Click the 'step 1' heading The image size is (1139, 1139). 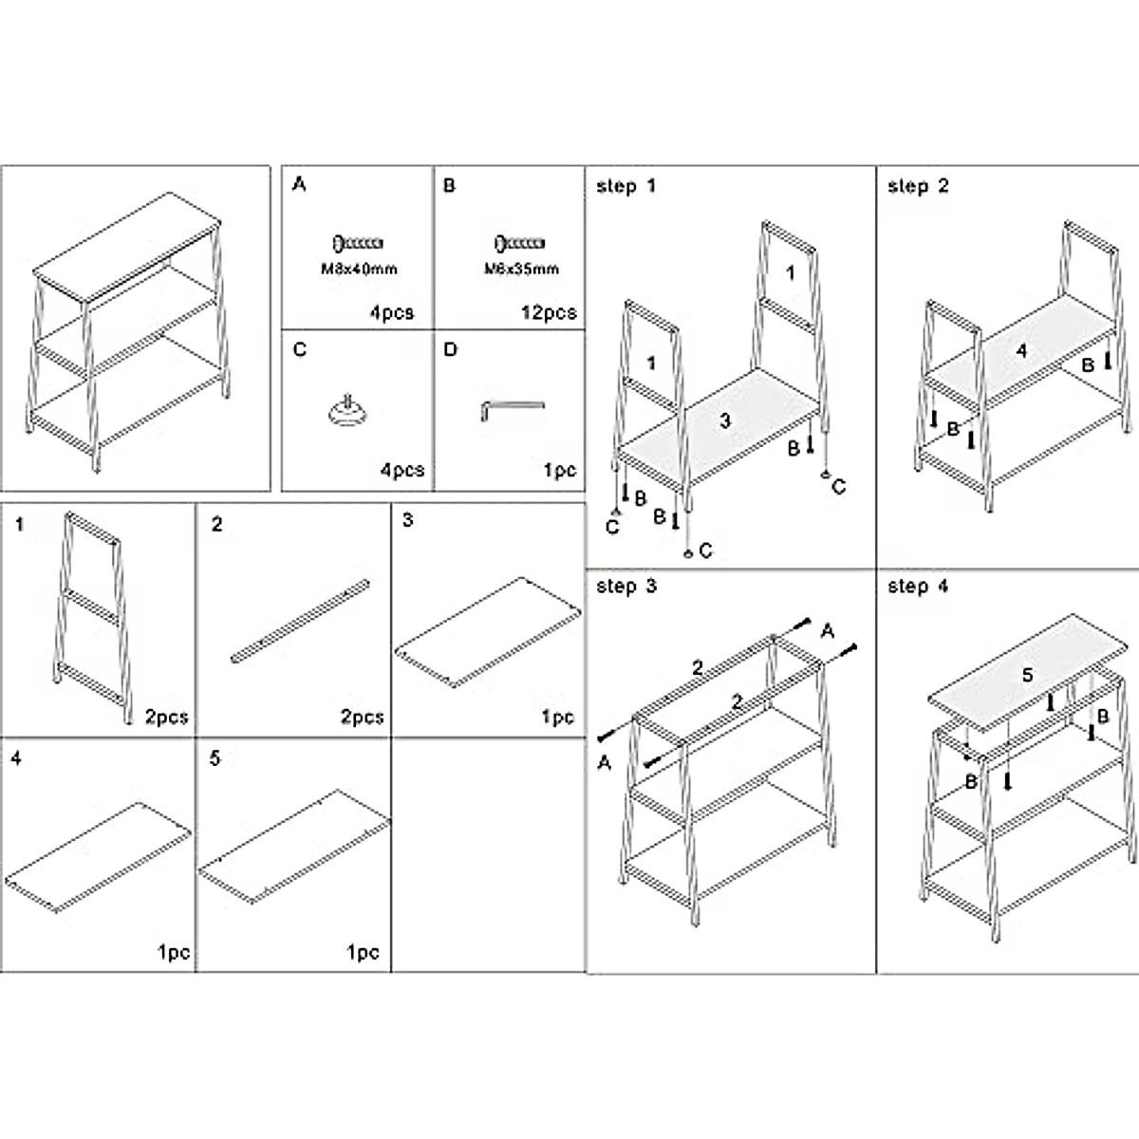(626, 186)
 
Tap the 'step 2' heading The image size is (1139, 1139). (917, 186)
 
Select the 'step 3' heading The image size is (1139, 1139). (626, 587)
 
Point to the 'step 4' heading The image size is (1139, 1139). (917, 587)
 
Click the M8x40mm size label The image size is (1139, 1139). (359, 269)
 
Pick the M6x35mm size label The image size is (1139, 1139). (521, 269)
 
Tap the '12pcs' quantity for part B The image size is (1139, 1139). (549, 312)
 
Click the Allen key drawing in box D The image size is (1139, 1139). (512, 409)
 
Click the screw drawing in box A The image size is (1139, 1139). (358, 244)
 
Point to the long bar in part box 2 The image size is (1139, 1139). (301, 619)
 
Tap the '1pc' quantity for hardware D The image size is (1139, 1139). (560, 470)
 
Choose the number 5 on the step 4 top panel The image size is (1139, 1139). (1027, 675)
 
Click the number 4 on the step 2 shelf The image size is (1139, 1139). (1021, 351)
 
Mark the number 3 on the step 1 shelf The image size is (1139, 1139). (725, 420)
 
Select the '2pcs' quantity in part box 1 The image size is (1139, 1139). (167, 717)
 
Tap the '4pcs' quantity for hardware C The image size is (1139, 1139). (401, 470)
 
